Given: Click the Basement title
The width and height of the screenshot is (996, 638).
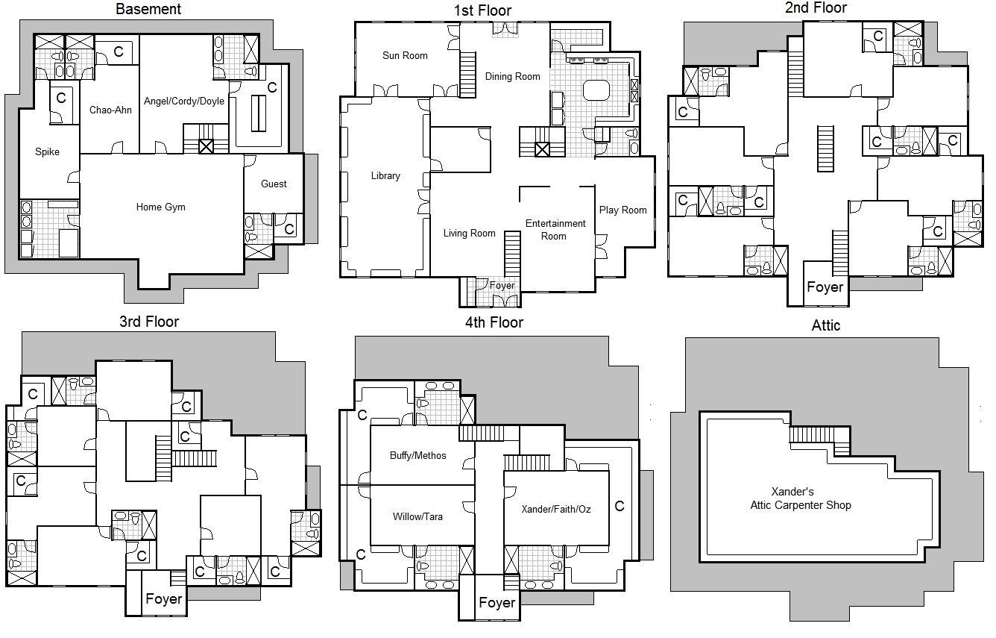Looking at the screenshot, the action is point(148,10).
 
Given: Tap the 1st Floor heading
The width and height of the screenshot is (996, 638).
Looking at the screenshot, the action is point(482,10).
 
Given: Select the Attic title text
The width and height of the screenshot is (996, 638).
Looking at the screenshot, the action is point(826,325).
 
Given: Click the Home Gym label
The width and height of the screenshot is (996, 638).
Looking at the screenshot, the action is point(160,207).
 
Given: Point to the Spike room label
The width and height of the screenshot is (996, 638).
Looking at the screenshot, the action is point(47,151).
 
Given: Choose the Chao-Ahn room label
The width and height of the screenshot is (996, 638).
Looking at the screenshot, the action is point(110,110).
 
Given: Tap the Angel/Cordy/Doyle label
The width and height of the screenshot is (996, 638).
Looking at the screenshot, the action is point(183,101).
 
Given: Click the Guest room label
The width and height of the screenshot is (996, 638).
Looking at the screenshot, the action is point(274,184).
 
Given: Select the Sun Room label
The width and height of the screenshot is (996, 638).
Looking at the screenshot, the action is point(405,56).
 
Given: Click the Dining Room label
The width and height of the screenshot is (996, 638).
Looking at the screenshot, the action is point(512,77).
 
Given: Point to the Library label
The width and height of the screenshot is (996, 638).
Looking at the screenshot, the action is point(385,176).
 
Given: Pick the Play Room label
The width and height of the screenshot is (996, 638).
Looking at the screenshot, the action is point(622,210).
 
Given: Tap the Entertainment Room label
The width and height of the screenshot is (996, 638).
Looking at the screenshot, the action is point(555,230).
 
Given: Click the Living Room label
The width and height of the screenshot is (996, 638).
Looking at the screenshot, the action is point(469,233).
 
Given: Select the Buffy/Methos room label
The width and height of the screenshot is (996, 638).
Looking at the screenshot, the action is point(418,456).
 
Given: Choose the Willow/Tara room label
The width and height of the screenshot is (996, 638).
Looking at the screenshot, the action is point(417,516).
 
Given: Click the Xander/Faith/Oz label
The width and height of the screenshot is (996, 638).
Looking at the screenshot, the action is point(556,509).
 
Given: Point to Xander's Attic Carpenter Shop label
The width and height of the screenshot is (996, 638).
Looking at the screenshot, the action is point(801,498).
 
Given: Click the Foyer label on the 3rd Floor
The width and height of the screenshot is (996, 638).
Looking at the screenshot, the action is point(163,599).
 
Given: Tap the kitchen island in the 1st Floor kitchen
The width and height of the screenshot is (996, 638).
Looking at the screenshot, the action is point(596,90).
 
